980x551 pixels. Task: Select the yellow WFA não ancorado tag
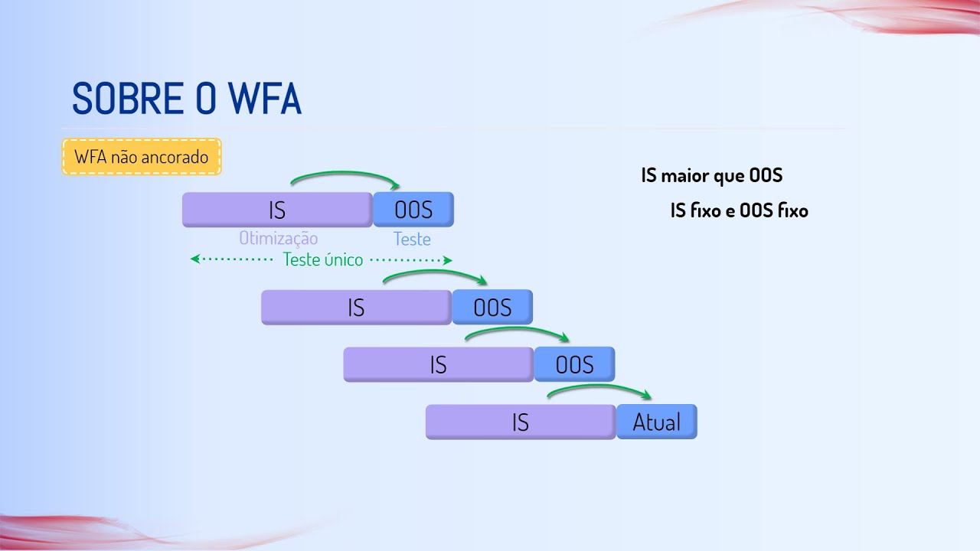[142, 157]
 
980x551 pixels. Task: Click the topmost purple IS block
[277, 210]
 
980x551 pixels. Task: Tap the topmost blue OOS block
[413, 210]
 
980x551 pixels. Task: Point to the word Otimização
[278, 238]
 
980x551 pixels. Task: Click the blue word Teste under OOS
[412, 240]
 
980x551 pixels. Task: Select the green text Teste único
[322, 259]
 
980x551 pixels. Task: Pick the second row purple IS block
[356, 307]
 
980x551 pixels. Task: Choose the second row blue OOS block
[492, 307]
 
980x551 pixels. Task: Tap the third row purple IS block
[438, 364]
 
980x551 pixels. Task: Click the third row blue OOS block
[574, 364]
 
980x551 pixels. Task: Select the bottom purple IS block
[521, 422]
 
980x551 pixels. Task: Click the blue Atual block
[657, 422]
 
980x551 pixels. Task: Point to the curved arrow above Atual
[597, 388]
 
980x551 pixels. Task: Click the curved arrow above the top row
[345, 174]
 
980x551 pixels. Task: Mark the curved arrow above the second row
[433, 272]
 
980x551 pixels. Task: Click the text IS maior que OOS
[711, 175]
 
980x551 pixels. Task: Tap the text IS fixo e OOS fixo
[739, 210]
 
